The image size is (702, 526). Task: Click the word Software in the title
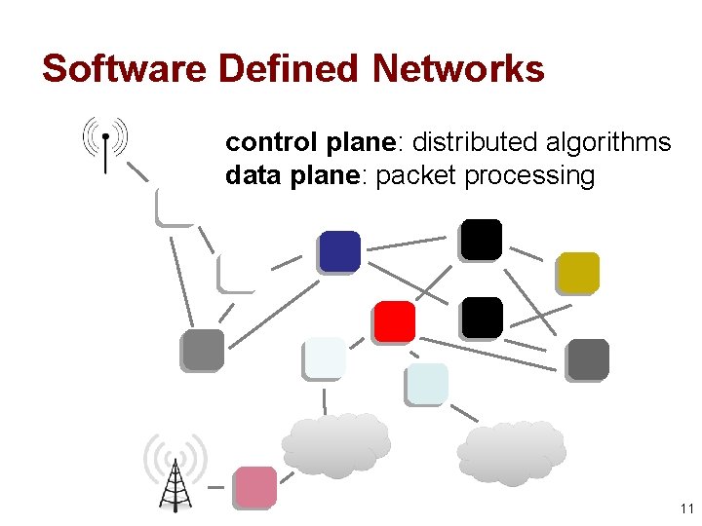(x=125, y=69)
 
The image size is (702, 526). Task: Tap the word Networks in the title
(x=458, y=69)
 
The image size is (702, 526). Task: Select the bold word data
(x=248, y=175)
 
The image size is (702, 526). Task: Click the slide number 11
(x=685, y=509)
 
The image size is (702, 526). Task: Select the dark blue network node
(x=339, y=251)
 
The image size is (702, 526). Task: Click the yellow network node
(x=578, y=273)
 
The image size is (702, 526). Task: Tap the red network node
(x=394, y=321)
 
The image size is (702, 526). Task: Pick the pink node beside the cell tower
(x=255, y=487)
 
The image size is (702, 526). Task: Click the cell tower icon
(x=175, y=475)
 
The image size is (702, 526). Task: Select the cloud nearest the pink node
(x=336, y=444)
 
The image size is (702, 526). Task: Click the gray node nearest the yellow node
(x=587, y=359)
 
